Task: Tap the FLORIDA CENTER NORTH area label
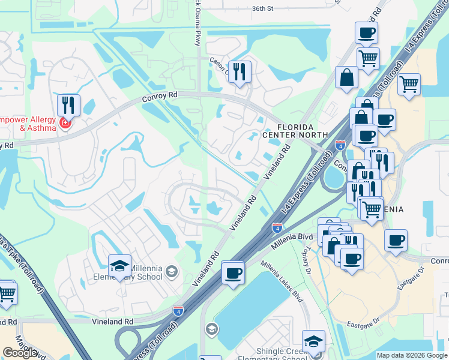[x=295, y=130]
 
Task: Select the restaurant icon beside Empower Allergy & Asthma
[x=69, y=106]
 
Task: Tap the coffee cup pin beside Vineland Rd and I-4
[x=232, y=273]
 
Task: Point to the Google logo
[x=20, y=352]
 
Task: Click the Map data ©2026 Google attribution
[x=412, y=355]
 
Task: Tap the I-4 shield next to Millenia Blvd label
[x=277, y=227]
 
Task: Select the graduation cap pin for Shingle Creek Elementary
[x=313, y=341]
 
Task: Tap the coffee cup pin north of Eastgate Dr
[x=395, y=241]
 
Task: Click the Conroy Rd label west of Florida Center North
[x=161, y=99]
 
